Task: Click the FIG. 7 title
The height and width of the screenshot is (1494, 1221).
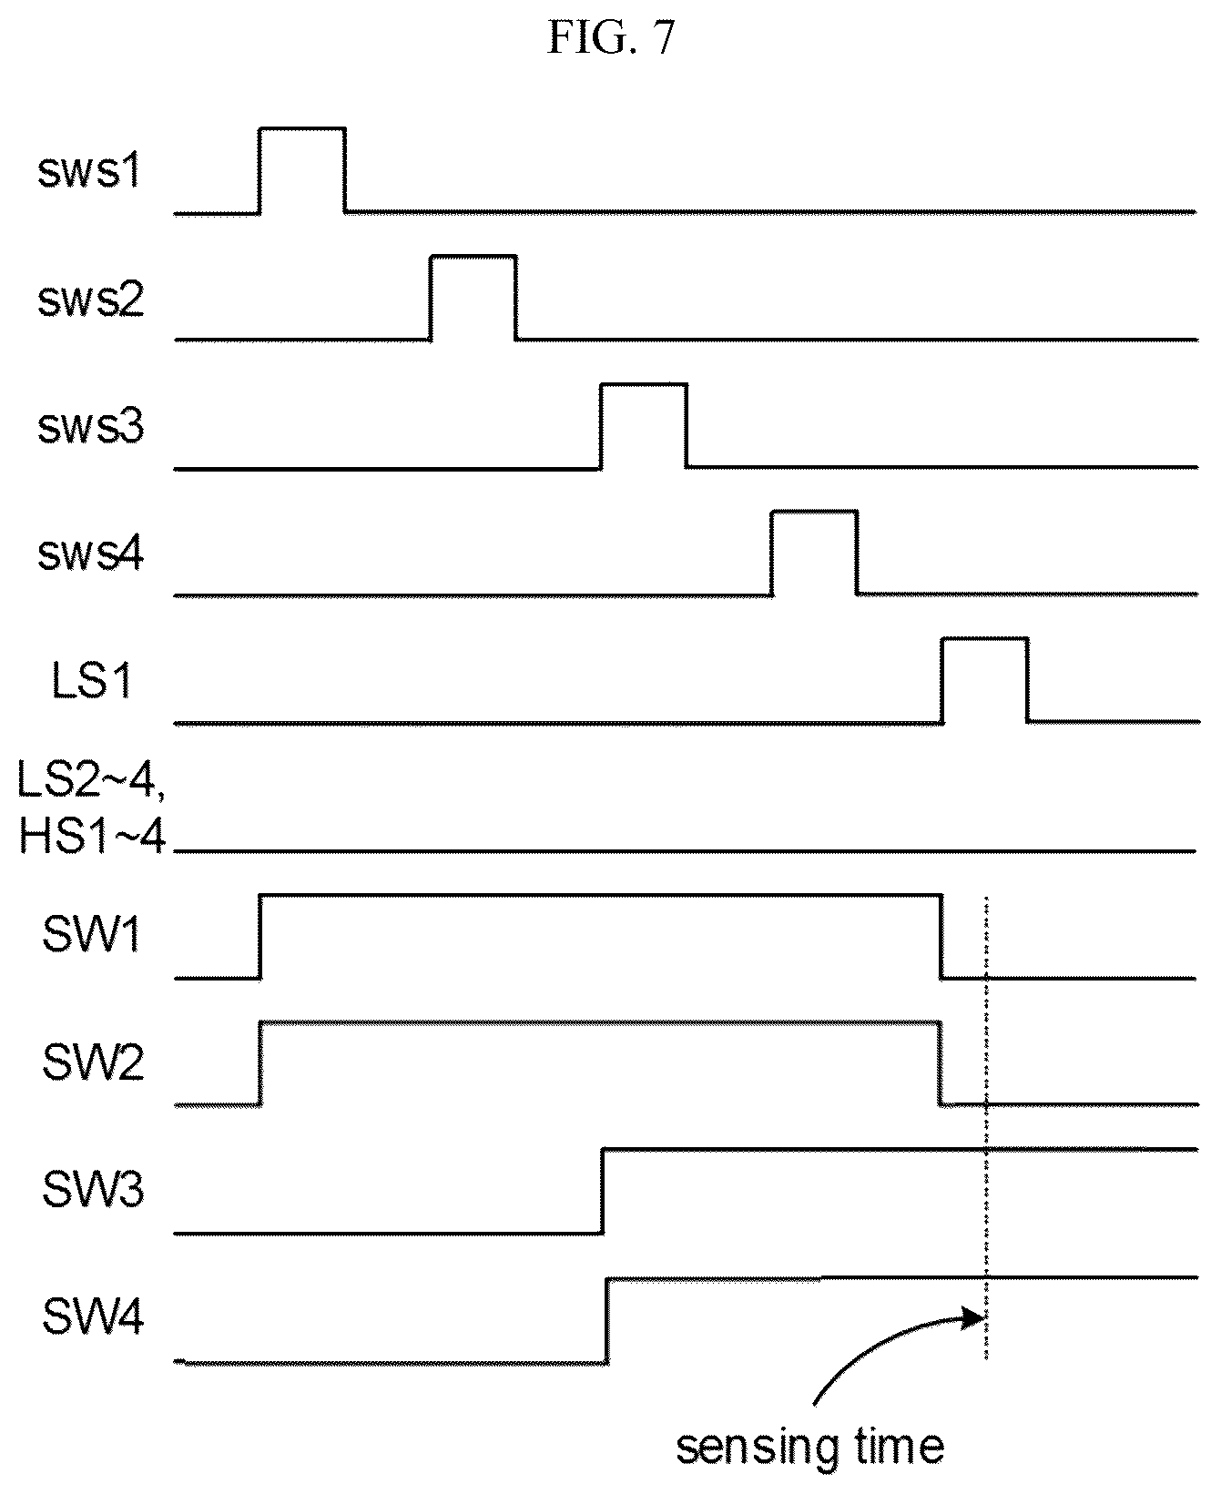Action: pyautogui.click(x=611, y=39)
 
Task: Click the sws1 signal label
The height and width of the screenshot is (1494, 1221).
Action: pyautogui.click(x=89, y=172)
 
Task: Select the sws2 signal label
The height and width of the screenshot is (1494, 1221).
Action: pyautogui.click(x=90, y=300)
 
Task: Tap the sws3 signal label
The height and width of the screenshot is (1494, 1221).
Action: pyautogui.click(x=90, y=427)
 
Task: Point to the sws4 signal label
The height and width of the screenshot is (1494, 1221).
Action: pyautogui.click(x=90, y=554)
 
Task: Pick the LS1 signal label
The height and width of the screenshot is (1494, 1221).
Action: pyautogui.click(x=92, y=681)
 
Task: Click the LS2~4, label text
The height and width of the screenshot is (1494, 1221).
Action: pyautogui.click(x=92, y=781)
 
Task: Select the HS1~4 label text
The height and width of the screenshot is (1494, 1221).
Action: pyautogui.click(x=92, y=834)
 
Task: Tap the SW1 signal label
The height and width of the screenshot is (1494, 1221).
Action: pyautogui.click(x=91, y=935)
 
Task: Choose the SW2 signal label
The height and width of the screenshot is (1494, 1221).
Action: pyautogui.click(x=92, y=1062)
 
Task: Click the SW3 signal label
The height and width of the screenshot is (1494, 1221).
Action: pyautogui.click(x=92, y=1191)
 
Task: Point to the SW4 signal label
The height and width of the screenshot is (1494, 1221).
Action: pyautogui.click(x=92, y=1317)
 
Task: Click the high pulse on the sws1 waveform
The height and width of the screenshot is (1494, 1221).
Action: pyautogui.click(x=302, y=128)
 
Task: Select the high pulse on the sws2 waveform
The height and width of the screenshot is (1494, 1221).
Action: pyautogui.click(x=473, y=257)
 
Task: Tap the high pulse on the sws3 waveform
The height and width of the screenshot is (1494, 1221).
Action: pyautogui.click(x=644, y=385)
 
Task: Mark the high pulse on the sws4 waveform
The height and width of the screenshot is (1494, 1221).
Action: pyautogui.click(x=814, y=513)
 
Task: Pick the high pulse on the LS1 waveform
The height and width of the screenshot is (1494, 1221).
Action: pyautogui.click(x=985, y=640)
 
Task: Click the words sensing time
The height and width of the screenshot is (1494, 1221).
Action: pyautogui.click(x=809, y=1445)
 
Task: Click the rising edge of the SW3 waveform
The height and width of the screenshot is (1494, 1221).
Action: pyautogui.click(x=602, y=1192)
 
